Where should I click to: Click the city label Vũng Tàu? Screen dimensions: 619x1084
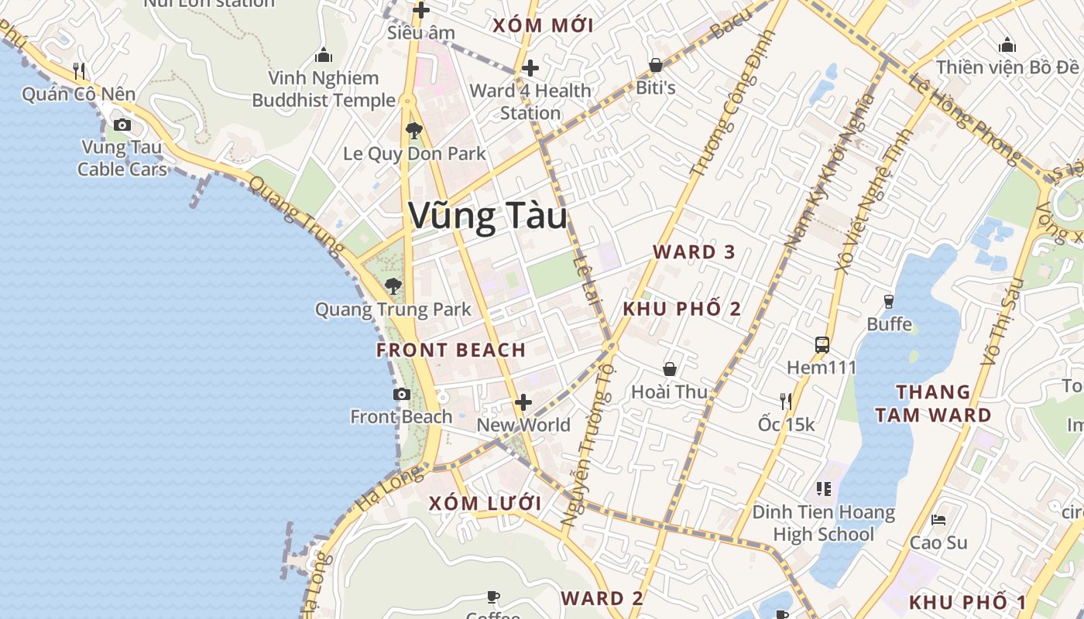pyautogui.click(x=488, y=216)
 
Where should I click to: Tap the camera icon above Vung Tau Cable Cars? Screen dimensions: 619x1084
pyautogui.click(x=122, y=125)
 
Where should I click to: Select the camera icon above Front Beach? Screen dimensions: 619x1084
pyautogui.click(x=401, y=394)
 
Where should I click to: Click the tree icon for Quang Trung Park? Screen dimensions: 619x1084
pyautogui.click(x=393, y=286)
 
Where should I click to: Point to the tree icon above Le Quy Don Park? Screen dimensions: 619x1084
pyautogui.click(x=414, y=130)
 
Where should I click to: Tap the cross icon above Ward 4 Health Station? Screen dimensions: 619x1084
pyautogui.click(x=530, y=67)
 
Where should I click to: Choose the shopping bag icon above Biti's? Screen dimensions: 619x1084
pyautogui.click(x=656, y=65)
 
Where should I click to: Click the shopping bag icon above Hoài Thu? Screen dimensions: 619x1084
pyautogui.click(x=670, y=369)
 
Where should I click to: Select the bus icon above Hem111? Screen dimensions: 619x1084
pyautogui.click(x=822, y=344)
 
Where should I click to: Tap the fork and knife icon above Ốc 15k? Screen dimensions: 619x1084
pyautogui.click(x=786, y=401)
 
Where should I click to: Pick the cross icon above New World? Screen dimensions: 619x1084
pyautogui.click(x=523, y=402)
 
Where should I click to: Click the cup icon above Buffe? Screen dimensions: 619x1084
pyautogui.click(x=889, y=300)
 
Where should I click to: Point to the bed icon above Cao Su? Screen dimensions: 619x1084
pyautogui.click(x=938, y=519)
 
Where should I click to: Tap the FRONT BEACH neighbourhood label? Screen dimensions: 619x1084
pyautogui.click(x=451, y=350)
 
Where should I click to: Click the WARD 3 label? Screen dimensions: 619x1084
pyautogui.click(x=694, y=251)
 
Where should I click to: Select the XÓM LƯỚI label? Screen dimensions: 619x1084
pyautogui.click(x=485, y=503)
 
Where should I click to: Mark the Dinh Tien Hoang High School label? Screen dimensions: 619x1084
pyautogui.click(x=824, y=523)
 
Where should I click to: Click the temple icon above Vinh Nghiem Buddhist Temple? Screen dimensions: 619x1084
pyautogui.click(x=324, y=55)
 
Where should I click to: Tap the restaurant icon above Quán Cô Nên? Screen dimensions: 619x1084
pyautogui.click(x=79, y=71)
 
